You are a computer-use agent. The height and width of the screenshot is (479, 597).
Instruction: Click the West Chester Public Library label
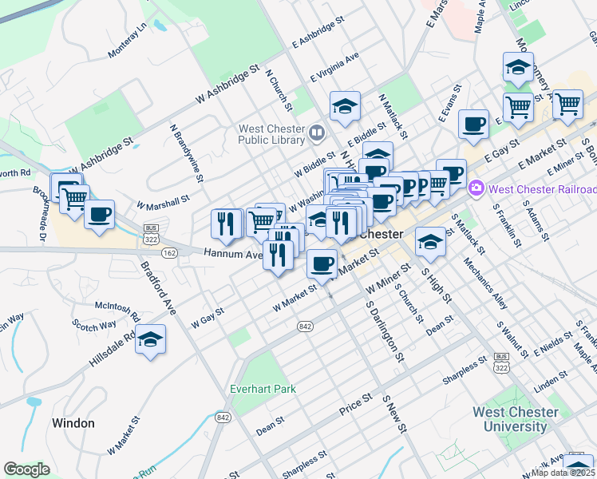pos(271,134)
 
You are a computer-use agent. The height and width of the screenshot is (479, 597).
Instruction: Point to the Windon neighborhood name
pos(73,423)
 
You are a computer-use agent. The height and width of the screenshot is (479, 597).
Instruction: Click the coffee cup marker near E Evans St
pos(474,124)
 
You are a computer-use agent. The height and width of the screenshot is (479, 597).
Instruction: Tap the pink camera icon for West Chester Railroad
pos(477,188)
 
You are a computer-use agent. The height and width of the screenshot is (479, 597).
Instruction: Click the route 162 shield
pos(169,252)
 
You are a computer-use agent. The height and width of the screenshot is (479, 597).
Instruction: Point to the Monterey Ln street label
pos(128,40)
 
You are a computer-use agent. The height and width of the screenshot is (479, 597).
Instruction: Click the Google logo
pos(27,469)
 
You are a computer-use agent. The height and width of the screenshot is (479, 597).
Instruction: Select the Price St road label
pos(356,397)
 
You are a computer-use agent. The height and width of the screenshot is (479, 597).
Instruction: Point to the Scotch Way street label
pos(94,326)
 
